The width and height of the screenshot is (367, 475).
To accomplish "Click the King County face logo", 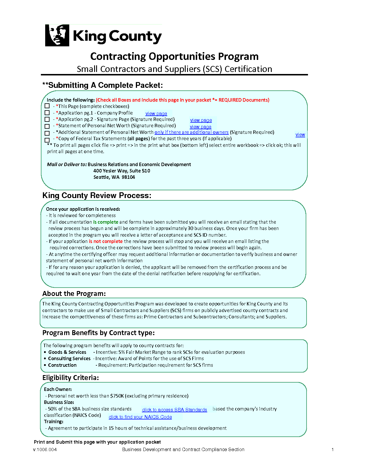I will [57, 35].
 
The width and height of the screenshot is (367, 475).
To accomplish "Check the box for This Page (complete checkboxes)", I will [47, 106].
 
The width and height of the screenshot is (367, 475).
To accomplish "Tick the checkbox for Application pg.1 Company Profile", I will [47, 113].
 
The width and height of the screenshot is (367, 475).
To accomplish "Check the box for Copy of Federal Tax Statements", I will [47, 140].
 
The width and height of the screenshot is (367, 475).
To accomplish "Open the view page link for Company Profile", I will [156, 114].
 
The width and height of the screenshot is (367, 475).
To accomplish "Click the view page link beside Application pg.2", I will [201, 120].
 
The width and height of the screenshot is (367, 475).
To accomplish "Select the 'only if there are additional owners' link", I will [191, 132].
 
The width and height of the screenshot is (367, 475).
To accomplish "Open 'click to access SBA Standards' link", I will [174, 410].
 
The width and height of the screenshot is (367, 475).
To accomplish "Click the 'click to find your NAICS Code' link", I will [140, 417].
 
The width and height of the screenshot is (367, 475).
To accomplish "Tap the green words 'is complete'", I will [106, 222].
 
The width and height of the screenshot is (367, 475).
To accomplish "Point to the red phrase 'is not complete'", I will [106, 241].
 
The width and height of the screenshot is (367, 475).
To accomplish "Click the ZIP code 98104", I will [128, 177].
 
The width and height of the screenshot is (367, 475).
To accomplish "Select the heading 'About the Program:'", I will [74, 294].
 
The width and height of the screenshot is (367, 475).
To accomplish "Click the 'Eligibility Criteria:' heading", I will [71, 378].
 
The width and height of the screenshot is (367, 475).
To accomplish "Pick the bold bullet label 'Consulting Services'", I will [69, 358].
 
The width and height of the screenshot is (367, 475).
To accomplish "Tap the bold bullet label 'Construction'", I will [62, 365].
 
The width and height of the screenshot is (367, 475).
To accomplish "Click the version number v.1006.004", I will [45, 449].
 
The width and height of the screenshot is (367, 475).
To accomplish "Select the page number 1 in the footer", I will [332, 449].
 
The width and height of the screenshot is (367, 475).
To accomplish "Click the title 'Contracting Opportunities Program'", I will [174, 56].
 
